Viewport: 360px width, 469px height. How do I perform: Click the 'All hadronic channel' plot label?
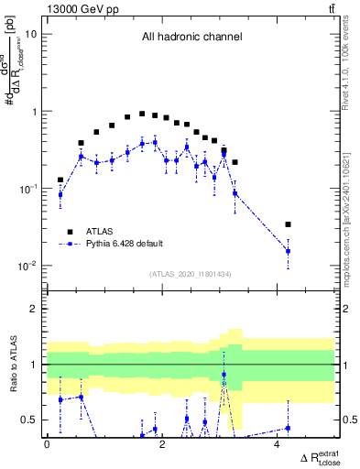click(191, 38)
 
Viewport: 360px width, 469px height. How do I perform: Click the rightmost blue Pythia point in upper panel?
click(288, 251)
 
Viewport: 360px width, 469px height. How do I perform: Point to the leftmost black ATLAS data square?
click(60, 180)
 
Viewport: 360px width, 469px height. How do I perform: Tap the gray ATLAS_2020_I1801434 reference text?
click(190, 274)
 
